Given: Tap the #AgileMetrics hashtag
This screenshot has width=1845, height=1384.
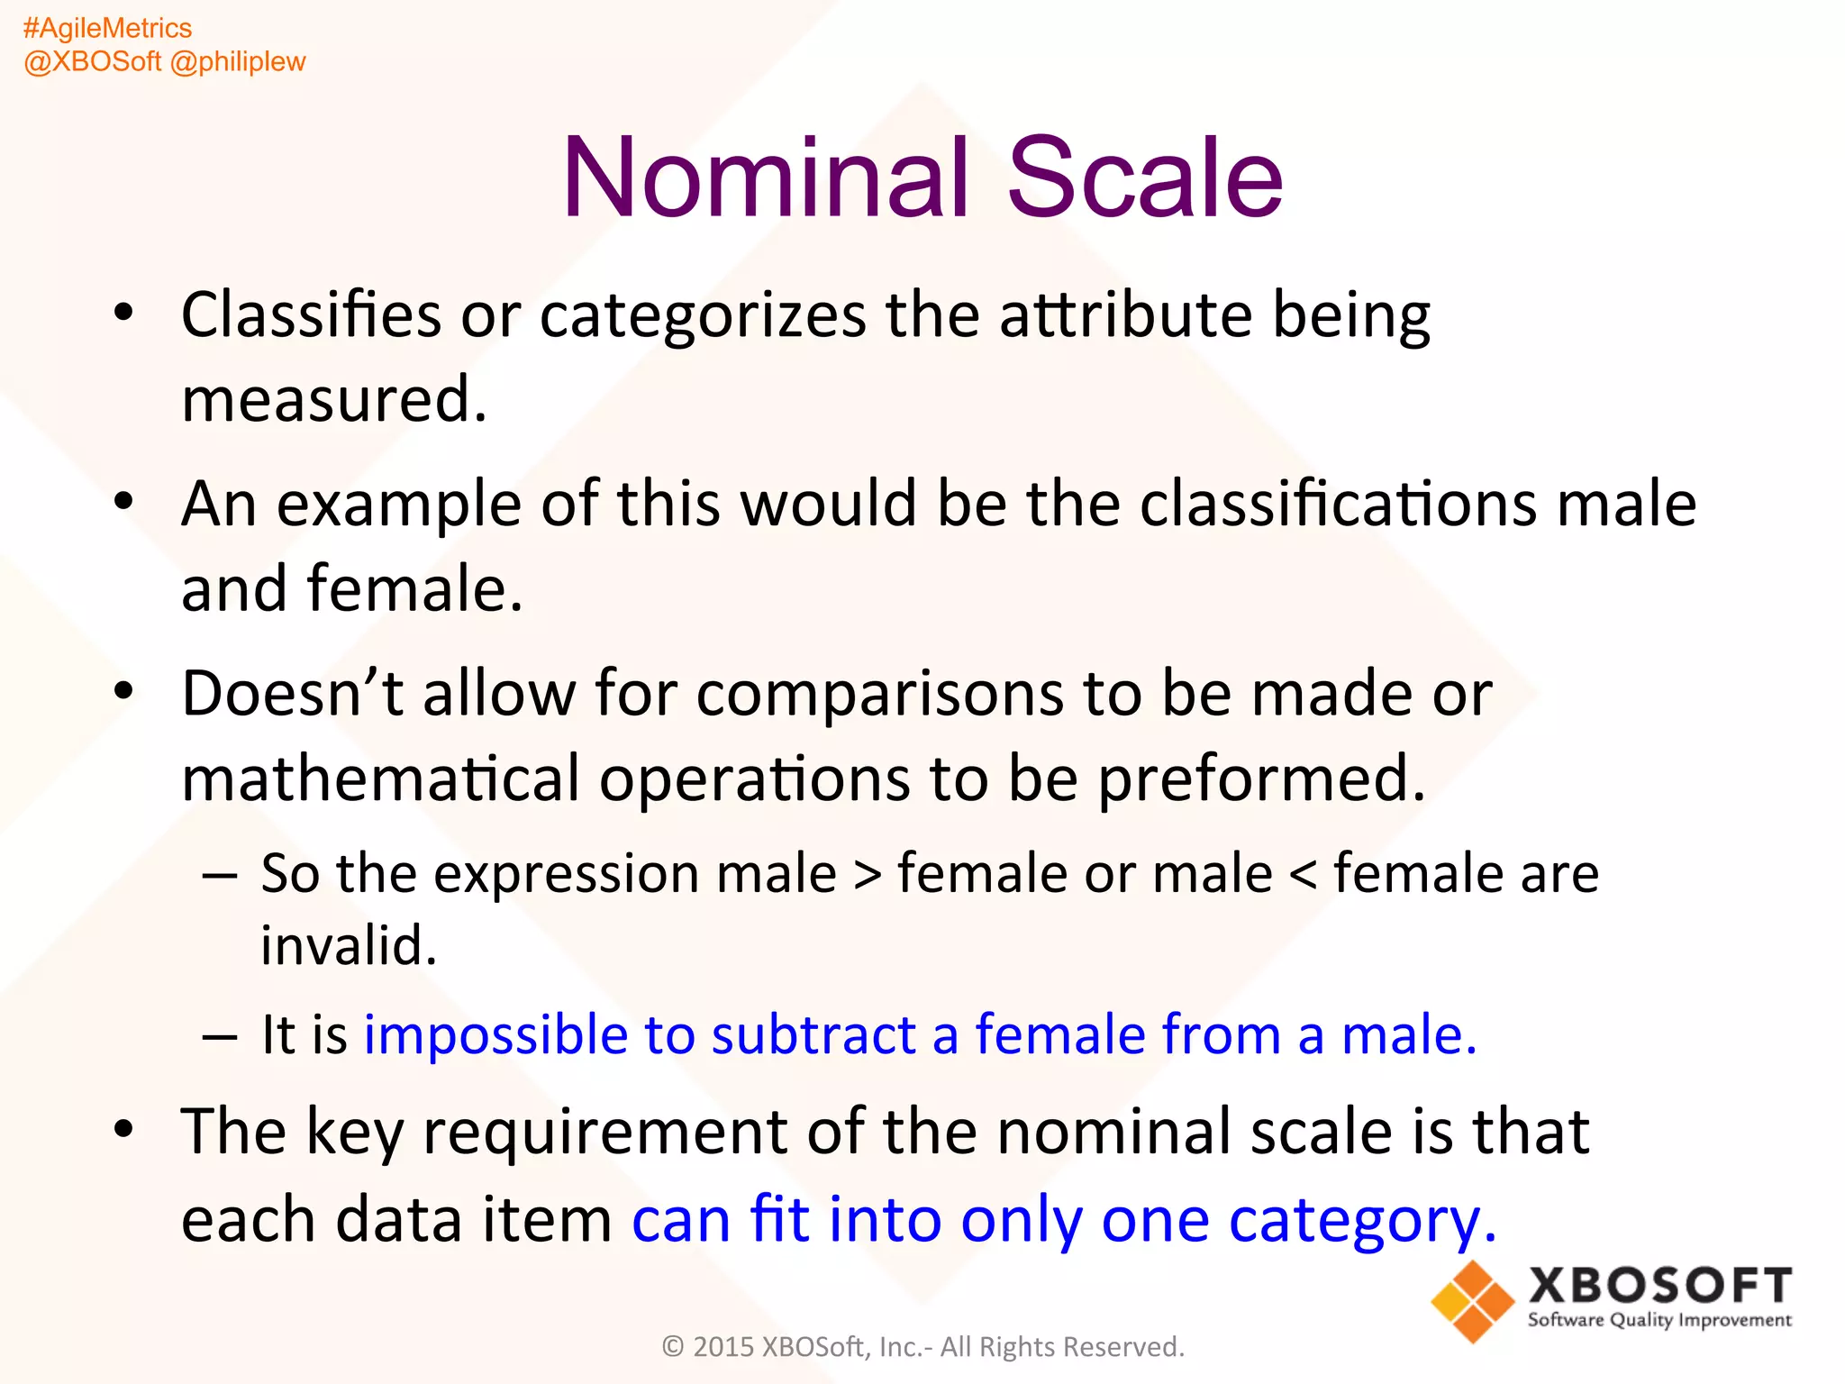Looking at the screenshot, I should pos(107,28).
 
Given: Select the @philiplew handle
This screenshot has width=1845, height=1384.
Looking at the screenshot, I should pos(238,61).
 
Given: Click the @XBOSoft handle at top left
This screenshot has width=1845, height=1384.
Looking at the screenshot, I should pos(92,61).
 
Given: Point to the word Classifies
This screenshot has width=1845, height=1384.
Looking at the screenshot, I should pos(311,315).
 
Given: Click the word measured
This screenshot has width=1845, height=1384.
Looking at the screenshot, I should pos(333,399).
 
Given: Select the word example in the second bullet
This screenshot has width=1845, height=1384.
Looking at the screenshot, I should pos(398,505).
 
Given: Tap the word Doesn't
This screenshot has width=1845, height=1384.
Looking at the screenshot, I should pos(292,694).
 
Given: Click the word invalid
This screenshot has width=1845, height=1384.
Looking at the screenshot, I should pos(348,946).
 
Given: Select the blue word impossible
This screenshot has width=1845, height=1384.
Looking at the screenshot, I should pos(495,1034).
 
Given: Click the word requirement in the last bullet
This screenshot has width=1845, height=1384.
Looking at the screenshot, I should pos(604,1132).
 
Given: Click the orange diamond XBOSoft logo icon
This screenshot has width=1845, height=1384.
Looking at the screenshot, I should pos(1472,1301).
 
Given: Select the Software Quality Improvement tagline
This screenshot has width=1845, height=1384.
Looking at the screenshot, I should pos(1659,1320).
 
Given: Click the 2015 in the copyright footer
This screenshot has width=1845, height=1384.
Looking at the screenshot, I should pos(723,1346).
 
